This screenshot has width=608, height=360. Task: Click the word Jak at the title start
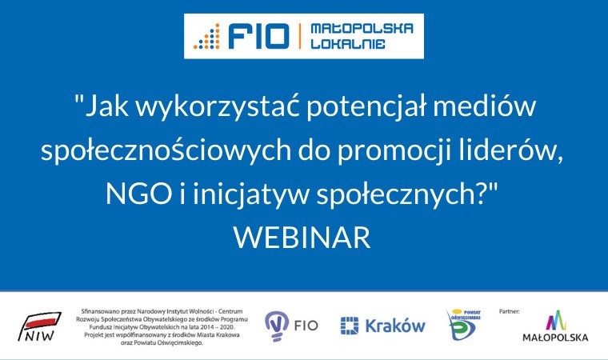(x=102, y=106)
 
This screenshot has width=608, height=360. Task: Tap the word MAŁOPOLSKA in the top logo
(x=361, y=28)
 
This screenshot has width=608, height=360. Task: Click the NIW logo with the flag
(x=41, y=326)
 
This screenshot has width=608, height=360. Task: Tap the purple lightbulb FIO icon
(x=277, y=324)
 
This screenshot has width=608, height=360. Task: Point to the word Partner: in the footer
(x=510, y=309)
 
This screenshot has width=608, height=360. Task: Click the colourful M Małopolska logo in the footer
(x=554, y=322)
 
